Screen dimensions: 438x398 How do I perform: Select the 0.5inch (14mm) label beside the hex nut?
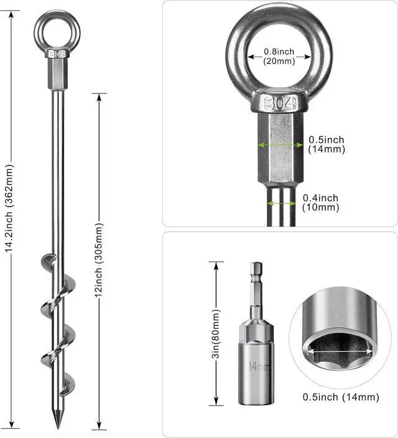click(326, 144)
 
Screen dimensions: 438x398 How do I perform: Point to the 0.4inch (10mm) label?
click(321, 202)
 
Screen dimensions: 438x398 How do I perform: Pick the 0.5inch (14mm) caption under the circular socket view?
click(340, 397)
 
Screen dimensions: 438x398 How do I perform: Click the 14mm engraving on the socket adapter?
click(259, 366)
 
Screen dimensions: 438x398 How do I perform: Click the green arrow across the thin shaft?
click(282, 203)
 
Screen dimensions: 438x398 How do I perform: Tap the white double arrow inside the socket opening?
click(340, 352)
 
